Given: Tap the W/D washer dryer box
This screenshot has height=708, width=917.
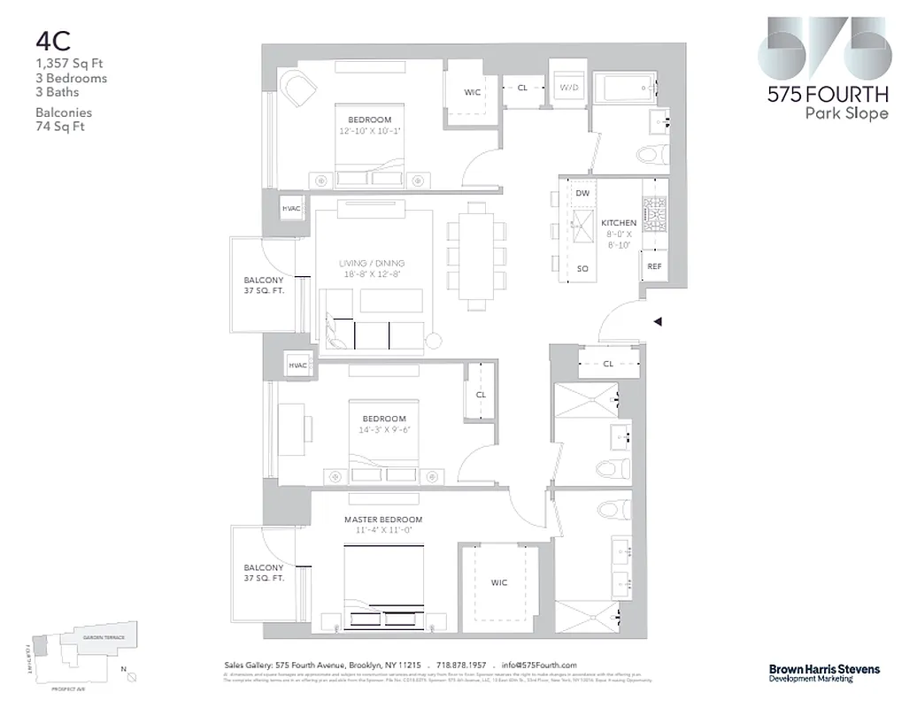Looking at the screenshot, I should click(x=567, y=88).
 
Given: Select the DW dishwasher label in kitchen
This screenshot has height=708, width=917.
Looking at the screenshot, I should click(x=582, y=193).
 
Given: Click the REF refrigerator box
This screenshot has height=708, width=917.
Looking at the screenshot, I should click(x=654, y=266).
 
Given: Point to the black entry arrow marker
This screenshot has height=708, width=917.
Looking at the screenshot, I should click(x=658, y=323).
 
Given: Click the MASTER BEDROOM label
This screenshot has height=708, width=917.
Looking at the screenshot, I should click(x=383, y=519).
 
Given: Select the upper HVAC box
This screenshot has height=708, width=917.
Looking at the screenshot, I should click(x=291, y=209).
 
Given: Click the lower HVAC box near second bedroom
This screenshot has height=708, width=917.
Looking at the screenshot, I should click(x=297, y=366).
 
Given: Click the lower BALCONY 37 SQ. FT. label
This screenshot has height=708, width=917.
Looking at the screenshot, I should click(x=264, y=573).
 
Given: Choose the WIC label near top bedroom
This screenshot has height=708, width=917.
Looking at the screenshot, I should click(x=472, y=92).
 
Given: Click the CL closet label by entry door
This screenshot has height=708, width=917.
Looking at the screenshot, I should click(x=608, y=363).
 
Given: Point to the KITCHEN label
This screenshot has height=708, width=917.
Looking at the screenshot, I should click(x=619, y=223).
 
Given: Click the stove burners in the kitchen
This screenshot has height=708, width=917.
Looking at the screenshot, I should click(x=654, y=215).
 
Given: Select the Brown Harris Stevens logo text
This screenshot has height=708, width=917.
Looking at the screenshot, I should click(x=811, y=670).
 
